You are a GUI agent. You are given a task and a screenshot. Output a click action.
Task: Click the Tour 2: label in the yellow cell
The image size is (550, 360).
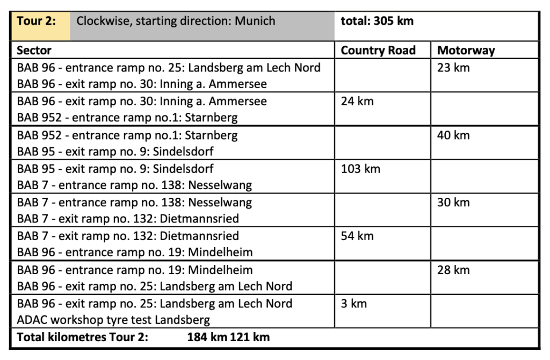tap(36, 21)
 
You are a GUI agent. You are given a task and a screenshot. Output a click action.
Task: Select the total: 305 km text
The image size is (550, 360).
tap(377, 21)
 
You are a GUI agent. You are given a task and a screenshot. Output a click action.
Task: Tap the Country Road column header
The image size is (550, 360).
tap(378, 51)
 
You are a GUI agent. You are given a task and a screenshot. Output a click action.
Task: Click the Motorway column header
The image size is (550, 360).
tap(466, 51)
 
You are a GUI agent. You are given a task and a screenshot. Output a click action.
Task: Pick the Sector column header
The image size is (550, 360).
tap(34, 51)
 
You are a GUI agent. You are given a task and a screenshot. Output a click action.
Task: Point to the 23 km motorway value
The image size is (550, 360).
tap(453, 68)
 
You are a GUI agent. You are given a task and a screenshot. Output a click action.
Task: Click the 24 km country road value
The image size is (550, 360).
tap(357, 102)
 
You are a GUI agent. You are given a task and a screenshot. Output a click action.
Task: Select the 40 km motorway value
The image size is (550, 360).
tap(453, 135)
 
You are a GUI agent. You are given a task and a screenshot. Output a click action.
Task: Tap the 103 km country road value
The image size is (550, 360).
tap(360, 169)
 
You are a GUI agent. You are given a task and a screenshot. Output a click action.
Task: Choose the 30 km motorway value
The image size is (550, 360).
tap(453, 203)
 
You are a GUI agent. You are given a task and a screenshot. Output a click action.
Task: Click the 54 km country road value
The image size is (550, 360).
tap(357, 236)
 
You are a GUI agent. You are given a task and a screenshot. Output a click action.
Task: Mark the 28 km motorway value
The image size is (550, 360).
tap(453, 270)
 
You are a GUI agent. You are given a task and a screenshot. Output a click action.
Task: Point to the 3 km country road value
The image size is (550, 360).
tap(354, 303)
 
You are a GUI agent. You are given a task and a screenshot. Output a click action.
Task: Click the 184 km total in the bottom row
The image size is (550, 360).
tap(207, 337)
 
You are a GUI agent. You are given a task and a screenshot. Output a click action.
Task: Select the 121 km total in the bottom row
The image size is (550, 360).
tap(250, 337)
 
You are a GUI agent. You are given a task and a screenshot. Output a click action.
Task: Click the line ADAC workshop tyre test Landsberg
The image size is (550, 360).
tap(113, 320)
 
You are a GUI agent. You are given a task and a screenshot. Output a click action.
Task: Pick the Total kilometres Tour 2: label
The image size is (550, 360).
tap(83, 337)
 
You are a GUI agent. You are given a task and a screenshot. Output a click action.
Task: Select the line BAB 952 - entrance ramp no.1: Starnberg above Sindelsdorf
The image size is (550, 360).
tap(127, 135)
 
